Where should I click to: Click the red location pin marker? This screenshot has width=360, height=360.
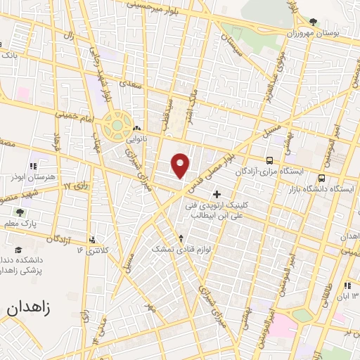(181, 166)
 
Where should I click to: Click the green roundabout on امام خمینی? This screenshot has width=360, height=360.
(116, 126)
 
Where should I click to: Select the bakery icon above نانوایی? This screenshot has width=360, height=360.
(136, 129)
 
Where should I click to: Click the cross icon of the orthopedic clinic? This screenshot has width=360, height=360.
(217, 193)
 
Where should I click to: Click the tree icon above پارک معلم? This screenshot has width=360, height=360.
(20, 212)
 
